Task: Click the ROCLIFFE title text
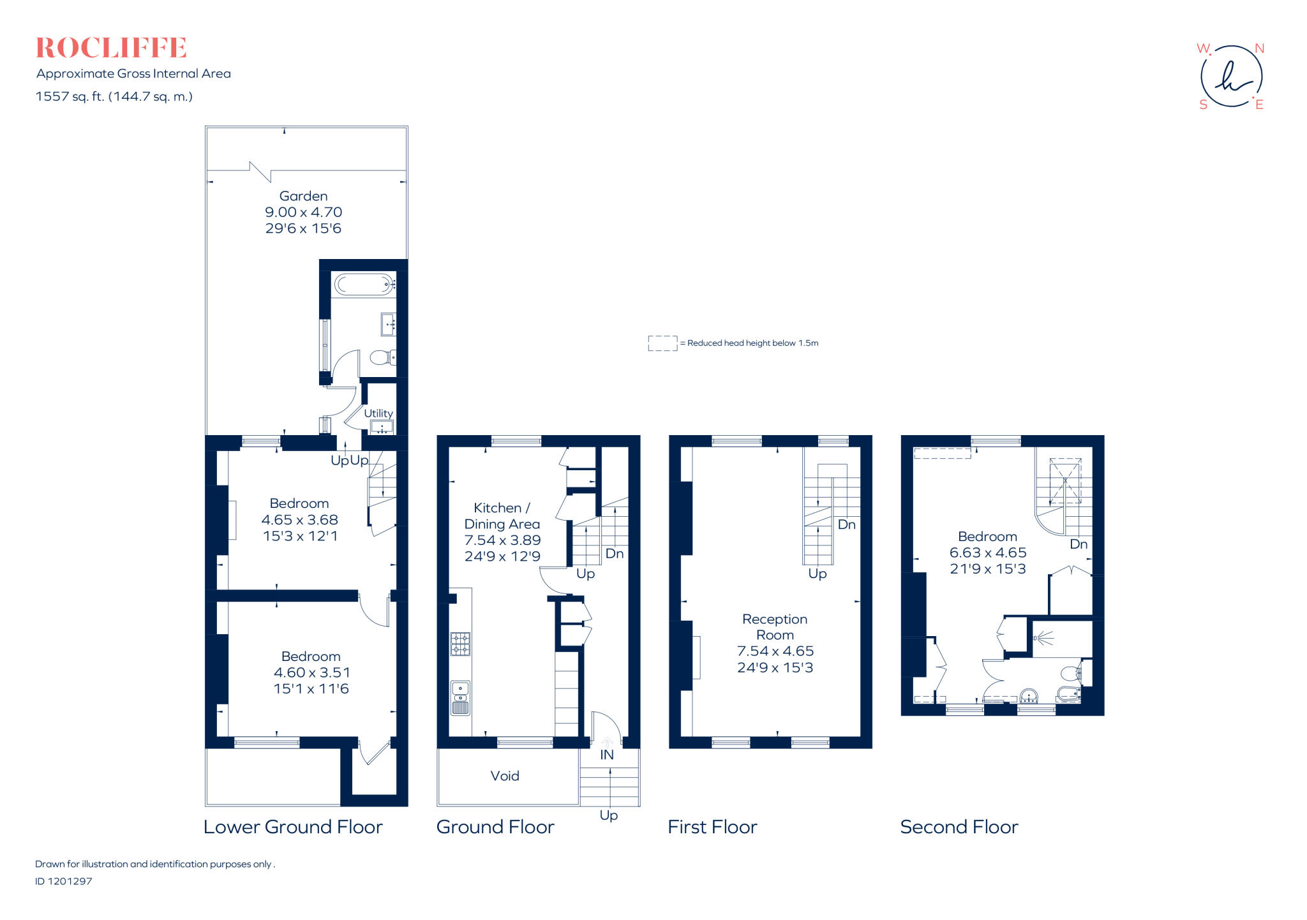point(111,48)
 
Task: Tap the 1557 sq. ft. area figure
point(114,96)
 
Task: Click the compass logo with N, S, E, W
point(1231,77)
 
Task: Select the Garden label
point(303,196)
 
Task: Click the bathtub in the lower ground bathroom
point(363,284)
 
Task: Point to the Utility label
point(378,413)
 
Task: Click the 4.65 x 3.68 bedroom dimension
point(299,520)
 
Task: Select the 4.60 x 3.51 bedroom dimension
point(311,672)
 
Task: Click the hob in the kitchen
point(460,644)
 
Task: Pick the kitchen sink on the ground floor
point(460,697)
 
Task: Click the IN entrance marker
point(607,755)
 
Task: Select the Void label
point(504,776)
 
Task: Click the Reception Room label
point(775,627)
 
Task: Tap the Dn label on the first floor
point(846,524)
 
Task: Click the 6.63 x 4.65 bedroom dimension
point(987,553)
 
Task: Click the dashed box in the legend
point(662,343)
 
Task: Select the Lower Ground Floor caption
point(293,827)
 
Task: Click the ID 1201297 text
point(64,881)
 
